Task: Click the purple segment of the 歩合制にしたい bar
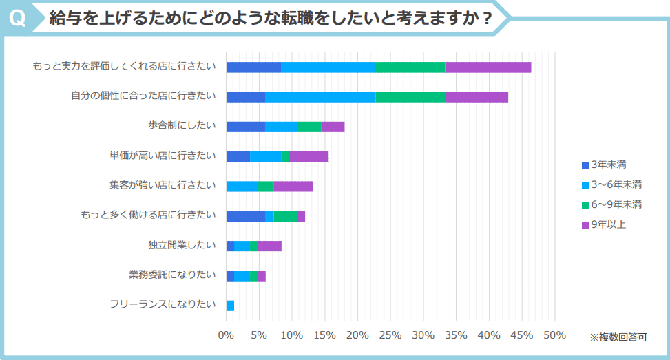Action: click(x=333, y=127)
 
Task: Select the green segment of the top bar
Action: click(x=410, y=67)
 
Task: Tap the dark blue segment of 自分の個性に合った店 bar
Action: click(x=246, y=96)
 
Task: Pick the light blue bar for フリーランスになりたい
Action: click(x=230, y=306)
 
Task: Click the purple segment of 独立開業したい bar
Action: click(x=269, y=246)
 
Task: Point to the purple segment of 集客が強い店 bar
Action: click(x=293, y=186)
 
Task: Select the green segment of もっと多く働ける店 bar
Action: click(x=285, y=216)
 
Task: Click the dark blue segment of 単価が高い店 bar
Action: click(x=238, y=156)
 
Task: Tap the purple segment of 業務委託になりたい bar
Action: click(x=262, y=276)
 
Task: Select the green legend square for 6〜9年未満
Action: click(x=585, y=205)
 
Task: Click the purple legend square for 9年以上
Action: click(x=585, y=225)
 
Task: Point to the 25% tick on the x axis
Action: click(x=390, y=335)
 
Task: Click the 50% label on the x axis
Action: click(x=555, y=335)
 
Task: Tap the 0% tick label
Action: click(x=226, y=335)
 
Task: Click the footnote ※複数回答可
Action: click(x=618, y=337)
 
